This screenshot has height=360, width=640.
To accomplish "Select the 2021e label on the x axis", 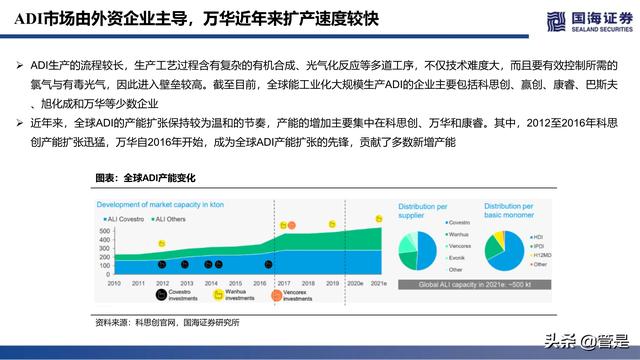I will pos(378,284).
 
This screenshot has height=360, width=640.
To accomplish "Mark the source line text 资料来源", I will pos(111,322).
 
